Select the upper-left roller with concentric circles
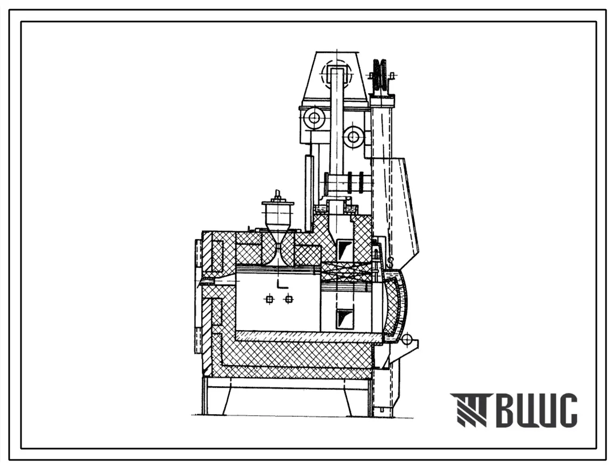click(x=314, y=117)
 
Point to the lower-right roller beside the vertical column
click(x=354, y=137)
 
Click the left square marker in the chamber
click(x=269, y=299)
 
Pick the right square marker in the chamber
click(x=289, y=299)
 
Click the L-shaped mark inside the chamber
click(x=281, y=284)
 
